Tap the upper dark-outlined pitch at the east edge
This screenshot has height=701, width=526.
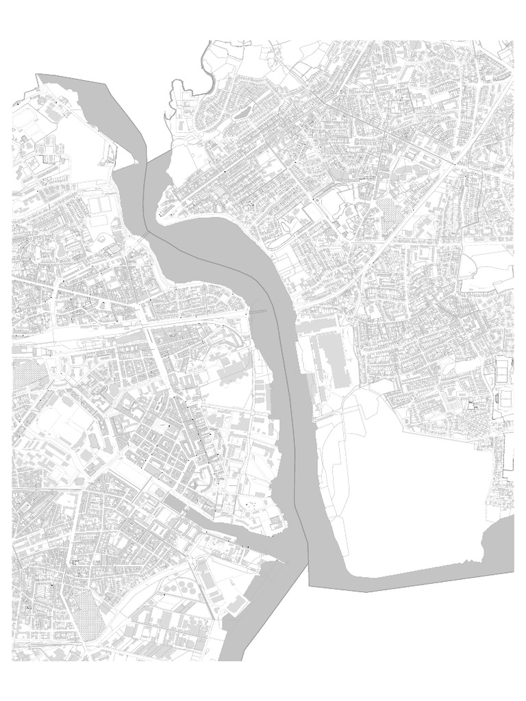pos(505,370)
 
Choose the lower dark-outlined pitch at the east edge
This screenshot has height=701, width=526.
pos(505,396)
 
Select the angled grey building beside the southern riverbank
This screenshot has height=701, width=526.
pos(236,606)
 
